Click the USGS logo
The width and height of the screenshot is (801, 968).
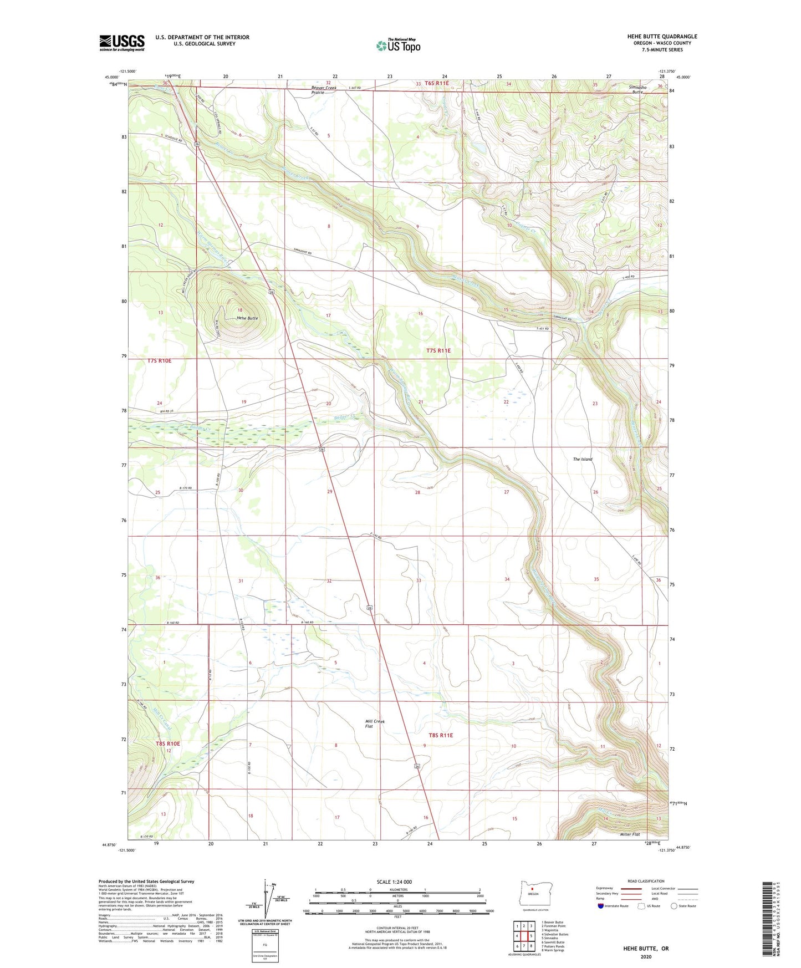tap(122, 43)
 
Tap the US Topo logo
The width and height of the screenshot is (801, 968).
tap(398, 45)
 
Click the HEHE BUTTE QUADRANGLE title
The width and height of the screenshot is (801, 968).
tap(662, 37)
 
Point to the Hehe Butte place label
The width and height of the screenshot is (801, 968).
tap(247, 318)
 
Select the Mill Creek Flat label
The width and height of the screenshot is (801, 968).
tap(375, 724)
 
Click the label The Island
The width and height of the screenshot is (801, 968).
tap(582, 459)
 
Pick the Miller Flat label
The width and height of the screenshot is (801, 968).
tap(630, 834)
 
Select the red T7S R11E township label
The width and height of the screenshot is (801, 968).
tap(438, 350)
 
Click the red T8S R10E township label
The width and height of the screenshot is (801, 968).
tap(167, 743)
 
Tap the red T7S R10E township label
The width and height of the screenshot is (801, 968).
tap(160, 361)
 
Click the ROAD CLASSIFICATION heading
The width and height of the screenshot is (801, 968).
tap(646, 881)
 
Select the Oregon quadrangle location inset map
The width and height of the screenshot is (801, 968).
tap(533, 895)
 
